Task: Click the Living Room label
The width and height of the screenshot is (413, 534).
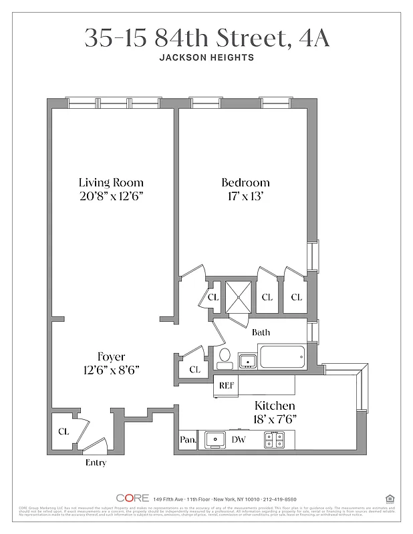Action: pos(110,182)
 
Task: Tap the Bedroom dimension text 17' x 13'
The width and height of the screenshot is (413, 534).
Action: pos(245,196)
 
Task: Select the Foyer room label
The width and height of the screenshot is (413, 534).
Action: pos(110,356)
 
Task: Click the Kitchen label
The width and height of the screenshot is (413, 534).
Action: pos(275,406)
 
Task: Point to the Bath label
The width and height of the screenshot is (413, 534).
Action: pos(261,332)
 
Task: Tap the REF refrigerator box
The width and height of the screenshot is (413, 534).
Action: pos(224,385)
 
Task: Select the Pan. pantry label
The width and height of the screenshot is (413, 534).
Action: pos(187,440)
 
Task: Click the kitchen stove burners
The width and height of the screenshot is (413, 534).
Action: pos(274,439)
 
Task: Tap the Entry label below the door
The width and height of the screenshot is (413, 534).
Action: pos(96,463)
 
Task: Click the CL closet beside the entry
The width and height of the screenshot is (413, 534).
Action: pos(63,431)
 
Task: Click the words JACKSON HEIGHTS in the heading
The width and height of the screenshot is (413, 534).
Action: pos(206,57)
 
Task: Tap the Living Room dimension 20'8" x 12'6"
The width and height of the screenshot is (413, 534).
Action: pos(111,196)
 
